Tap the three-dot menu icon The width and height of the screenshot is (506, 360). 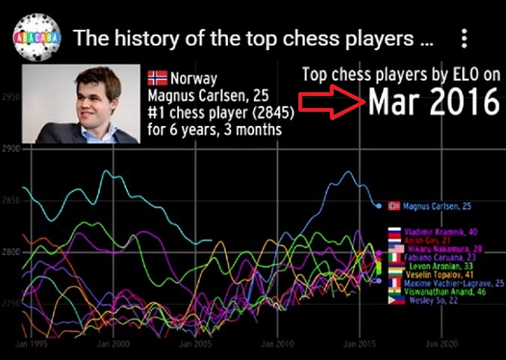click(x=465, y=38)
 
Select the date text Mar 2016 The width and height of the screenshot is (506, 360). click(x=433, y=102)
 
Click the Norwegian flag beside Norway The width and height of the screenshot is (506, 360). click(x=157, y=78)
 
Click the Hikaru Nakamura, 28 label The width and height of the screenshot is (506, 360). click(x=442, y=248)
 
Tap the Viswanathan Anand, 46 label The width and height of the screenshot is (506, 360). click(x=443, y=293)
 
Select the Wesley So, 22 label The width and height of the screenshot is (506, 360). click(x=433, y=301)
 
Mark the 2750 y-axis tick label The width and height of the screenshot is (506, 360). click(x=10, y=302)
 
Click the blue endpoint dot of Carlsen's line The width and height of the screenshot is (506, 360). click(x=379, y=205)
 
